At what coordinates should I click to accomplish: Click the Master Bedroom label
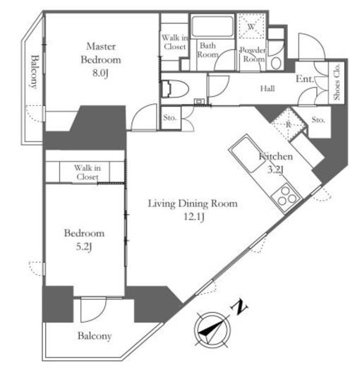pos(101,53)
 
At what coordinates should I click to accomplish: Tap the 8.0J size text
pos(100,73)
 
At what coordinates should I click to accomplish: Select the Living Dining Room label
pos(193,204)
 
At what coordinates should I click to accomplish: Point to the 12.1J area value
pos(194,217)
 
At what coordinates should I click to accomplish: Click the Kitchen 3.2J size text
pos(275,170)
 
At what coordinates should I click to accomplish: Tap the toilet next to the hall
pos(175,89)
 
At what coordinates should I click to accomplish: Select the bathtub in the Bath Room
pos(212,26)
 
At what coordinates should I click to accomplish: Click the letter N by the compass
pos(239,307)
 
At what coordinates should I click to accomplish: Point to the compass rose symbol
pos(212,330)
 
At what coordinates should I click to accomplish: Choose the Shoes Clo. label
pos(337,82)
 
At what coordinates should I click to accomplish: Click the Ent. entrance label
pos(305,79)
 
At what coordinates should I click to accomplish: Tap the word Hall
pos(268,89)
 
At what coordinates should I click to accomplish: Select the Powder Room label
pos(253,54)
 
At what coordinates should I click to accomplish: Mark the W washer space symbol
pos(251,27)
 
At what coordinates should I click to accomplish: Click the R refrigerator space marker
pos(288,124)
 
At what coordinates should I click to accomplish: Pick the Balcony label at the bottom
pos(95,336)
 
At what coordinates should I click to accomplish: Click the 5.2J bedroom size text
pos(84,247)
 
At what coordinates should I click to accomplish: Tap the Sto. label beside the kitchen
pos(318,120)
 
